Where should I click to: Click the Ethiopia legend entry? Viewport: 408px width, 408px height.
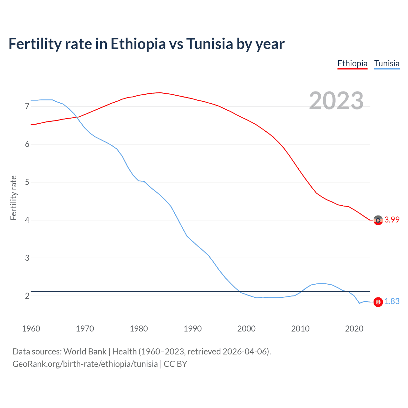pos(352,63)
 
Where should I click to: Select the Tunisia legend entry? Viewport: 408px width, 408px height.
pos(387,63)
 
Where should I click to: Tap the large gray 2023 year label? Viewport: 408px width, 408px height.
pos(336,101)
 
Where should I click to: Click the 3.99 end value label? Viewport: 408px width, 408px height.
pos(392,220)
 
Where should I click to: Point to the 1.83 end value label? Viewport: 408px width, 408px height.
pos(392,302)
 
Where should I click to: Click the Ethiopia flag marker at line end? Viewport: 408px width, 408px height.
pos(378,220)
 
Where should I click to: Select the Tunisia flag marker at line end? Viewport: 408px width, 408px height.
pos(378,302)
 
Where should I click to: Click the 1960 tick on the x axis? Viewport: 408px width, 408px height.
pos(31,329)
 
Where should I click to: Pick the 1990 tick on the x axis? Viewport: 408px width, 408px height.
pos(193,329)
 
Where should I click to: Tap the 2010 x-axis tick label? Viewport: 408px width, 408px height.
pos(300,329)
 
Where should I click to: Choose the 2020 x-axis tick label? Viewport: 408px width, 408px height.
pos(354,329)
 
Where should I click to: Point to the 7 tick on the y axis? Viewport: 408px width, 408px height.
pos(27,106)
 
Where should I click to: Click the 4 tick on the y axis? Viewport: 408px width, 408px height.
pos(27,220)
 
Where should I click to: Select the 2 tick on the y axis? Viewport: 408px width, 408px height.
pos(27,296)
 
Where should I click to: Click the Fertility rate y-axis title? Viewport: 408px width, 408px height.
pos(13,198)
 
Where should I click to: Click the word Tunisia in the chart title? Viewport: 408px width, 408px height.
pos(210,44)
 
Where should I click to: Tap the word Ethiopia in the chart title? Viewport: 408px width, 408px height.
pos(138,44)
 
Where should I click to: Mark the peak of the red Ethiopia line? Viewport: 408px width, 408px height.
pos(160,93)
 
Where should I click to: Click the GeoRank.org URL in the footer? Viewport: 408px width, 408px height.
pos(85,364)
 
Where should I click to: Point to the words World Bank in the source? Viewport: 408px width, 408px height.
pos(85,352)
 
